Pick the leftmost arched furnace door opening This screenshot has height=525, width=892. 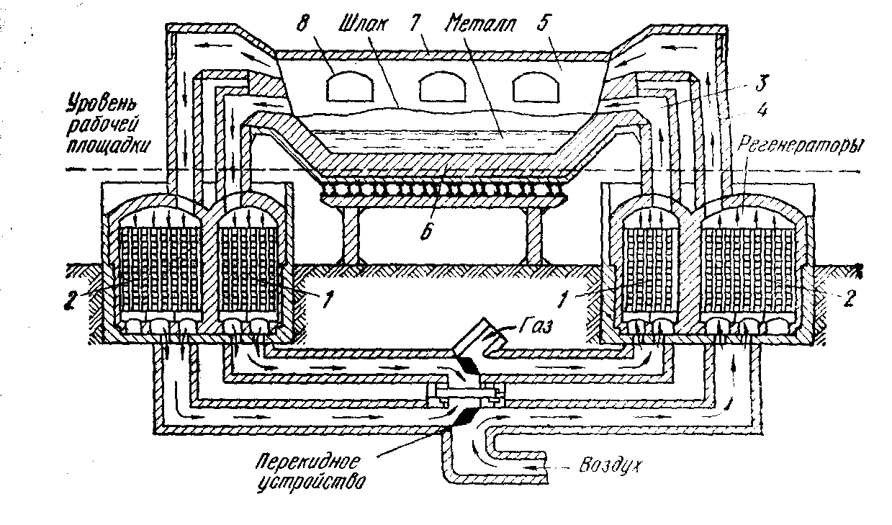point(349,89)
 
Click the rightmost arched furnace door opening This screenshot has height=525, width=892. point(533,88)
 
